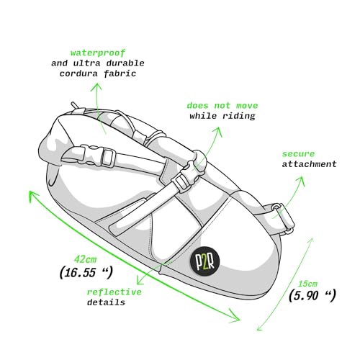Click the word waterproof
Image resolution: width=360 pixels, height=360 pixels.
pos(98,53)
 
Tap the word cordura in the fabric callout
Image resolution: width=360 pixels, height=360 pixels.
pos(78,73)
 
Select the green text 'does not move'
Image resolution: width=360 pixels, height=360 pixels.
pos(222,105)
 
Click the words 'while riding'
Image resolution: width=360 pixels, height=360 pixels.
pos(222,116)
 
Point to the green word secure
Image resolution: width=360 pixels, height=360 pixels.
pos(298,154)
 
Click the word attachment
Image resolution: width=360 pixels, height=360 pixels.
pos(309,164)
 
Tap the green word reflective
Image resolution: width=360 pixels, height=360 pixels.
pos(114,292)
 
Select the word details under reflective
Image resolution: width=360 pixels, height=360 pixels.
pos(106,302)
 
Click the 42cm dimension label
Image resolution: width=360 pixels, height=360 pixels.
pos(85,259)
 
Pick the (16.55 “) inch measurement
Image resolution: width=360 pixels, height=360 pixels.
pos(86,272)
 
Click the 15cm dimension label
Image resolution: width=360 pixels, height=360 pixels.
pos(307,284)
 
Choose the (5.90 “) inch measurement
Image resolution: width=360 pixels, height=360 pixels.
pos(312,295)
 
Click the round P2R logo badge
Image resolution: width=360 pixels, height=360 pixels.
pos(205,261)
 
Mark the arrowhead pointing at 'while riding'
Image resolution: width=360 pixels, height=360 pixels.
pos(218,131)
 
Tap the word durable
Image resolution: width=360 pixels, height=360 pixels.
pos(125,63)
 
